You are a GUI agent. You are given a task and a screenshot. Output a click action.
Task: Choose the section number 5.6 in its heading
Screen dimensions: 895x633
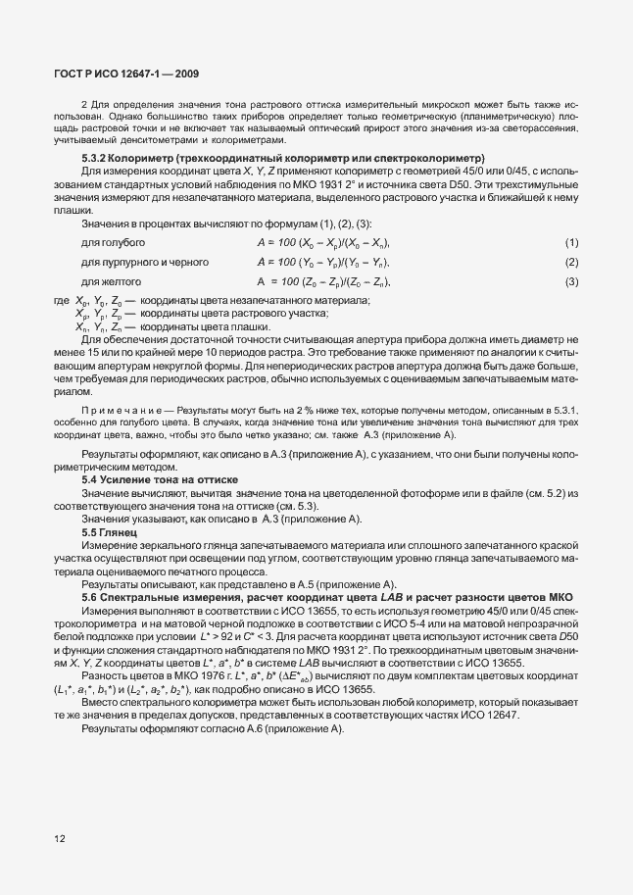90,597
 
